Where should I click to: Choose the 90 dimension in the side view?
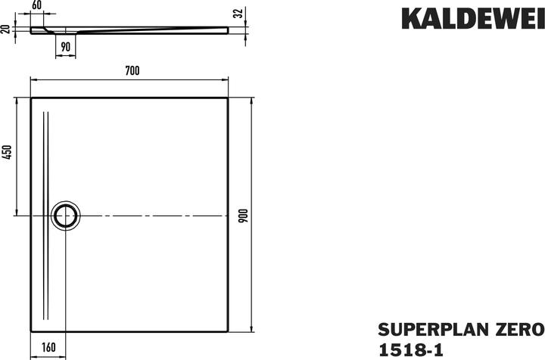(66, 47)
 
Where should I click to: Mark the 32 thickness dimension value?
(240, 12)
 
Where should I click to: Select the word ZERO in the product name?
(518, 329)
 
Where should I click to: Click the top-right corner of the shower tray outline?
(229, 97)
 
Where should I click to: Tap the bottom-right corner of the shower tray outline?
(229, 332)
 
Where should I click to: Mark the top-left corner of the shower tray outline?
(30, 97)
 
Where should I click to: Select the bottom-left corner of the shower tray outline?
(30, 332)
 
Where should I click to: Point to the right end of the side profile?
(228, 29)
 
